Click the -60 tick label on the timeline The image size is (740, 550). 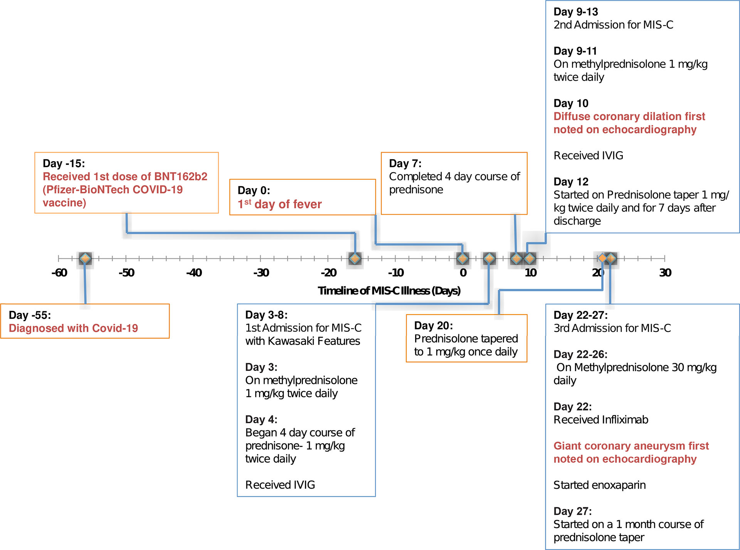tap(59, 273)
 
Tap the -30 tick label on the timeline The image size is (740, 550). tap(261, 273)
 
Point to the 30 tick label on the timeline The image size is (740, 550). tap(665, 273)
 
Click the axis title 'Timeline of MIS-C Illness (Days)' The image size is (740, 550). tap(389, 291)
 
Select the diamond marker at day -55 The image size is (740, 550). tap(85, 258)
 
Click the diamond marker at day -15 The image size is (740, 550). tap(355, 258)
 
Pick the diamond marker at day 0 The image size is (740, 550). tap(462, 258)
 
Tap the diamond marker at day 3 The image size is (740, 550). tap(489, 258)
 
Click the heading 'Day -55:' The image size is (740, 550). tap(30, 315)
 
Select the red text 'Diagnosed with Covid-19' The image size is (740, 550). tap(73, 328)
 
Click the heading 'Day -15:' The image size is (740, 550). tap(64, 163)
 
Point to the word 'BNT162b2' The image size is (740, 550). tap(180, 177)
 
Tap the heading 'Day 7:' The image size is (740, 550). tap(405, 163)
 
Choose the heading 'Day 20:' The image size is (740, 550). tap(433, 326)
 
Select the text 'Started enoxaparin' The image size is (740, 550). tap(599, 485)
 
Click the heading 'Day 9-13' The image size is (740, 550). tap(575, 12)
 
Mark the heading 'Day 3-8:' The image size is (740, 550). tap(266, 315)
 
